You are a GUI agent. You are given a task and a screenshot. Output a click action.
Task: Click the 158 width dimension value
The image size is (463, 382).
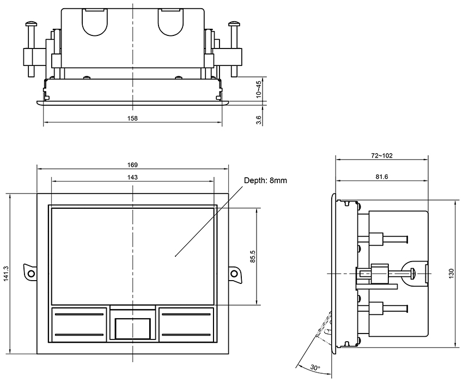tap(132, 118)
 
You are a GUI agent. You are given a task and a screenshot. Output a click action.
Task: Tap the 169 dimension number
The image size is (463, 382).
tap(132, 165)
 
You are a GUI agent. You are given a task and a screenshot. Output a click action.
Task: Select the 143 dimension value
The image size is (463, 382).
tap(132, 177)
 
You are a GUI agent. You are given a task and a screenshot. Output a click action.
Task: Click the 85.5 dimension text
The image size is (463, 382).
tap(252, 256)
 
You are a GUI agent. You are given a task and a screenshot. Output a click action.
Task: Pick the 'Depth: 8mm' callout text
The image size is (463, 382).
tap(265, 180)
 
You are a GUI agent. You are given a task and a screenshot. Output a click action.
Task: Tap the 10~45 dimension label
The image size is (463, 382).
tap(259, 89)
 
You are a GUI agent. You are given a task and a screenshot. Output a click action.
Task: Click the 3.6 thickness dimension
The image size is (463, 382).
tap(259, 118)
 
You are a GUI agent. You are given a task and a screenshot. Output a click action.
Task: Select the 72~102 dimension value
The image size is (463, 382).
tap(382, 155)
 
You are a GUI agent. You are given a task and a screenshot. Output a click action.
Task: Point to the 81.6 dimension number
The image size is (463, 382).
tap(382, 177)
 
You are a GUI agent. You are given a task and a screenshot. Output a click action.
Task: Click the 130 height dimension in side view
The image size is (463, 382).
tap(450, 273)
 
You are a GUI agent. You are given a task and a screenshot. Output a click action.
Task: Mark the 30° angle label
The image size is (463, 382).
tap(315, 368)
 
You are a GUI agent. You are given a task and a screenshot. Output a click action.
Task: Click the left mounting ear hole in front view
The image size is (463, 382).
tap(31, 273)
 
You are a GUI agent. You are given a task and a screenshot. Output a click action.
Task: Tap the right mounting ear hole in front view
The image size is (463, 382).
tap(234, 273)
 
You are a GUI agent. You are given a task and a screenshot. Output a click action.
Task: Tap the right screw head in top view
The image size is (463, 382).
tap(234, 23)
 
